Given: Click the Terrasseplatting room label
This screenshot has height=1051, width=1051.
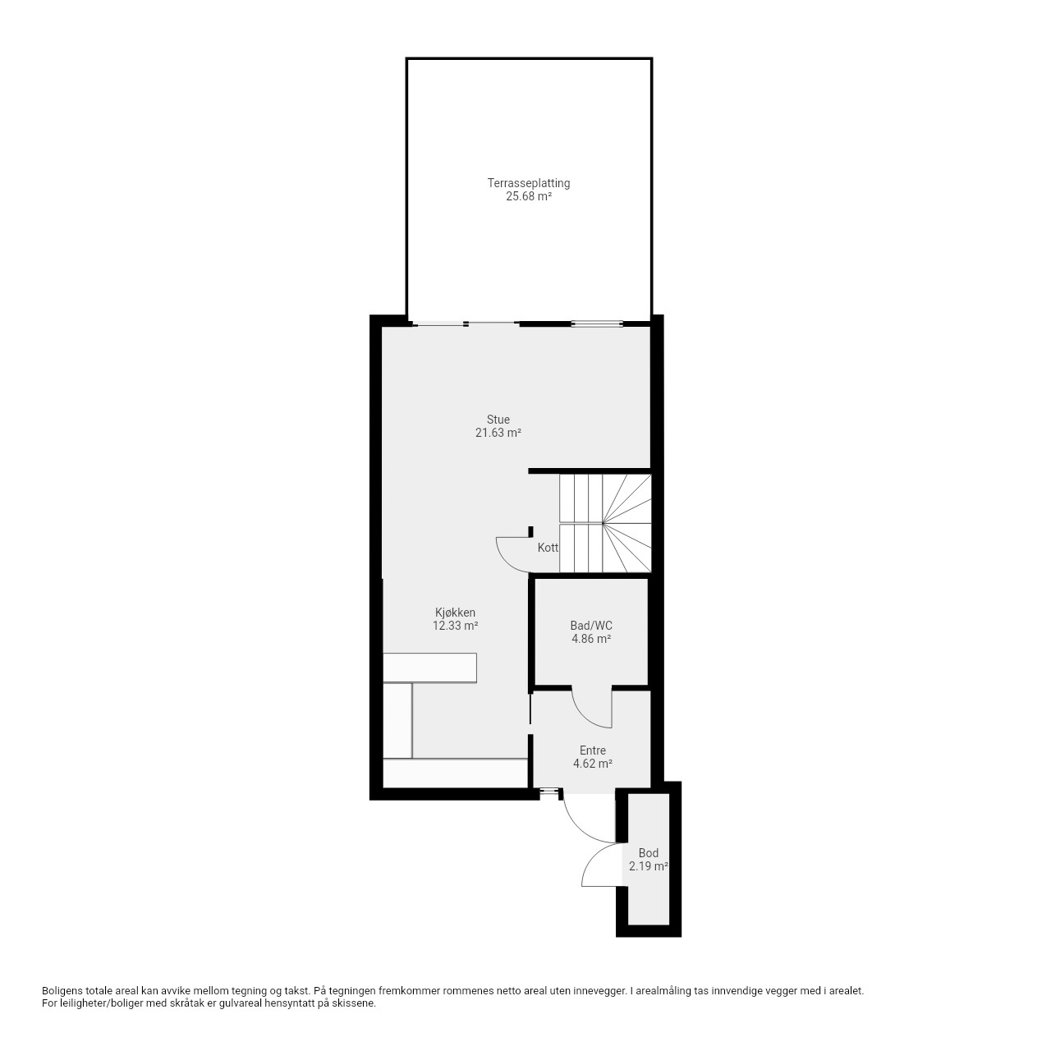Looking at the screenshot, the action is coord(529,183).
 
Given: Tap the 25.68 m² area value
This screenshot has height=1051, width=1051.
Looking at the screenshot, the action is coord(529,196).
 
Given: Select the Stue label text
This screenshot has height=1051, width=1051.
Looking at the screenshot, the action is coord(498,420).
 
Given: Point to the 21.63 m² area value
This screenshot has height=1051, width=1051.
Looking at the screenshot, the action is coord(498,433).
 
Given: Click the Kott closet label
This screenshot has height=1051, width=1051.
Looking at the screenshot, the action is coord(548,548).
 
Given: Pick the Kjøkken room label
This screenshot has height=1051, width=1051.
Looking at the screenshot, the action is coord(455,613).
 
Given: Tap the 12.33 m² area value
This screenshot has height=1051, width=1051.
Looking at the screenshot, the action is coord(455,626).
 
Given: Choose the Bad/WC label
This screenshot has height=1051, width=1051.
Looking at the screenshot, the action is coord(590,625).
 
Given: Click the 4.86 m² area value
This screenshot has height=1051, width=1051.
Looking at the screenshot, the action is coord(590,639).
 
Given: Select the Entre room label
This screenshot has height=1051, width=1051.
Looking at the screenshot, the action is coord(592,750).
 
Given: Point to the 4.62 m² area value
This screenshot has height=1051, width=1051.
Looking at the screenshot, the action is coord(592,764).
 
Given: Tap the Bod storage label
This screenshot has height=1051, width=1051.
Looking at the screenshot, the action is coord(649,853).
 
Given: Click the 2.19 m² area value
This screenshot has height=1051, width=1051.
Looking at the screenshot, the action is coord(649,866).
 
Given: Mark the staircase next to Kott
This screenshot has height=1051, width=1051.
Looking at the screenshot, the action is coord(605,523).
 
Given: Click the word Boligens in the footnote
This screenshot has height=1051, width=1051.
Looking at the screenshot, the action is coord(62,990).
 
